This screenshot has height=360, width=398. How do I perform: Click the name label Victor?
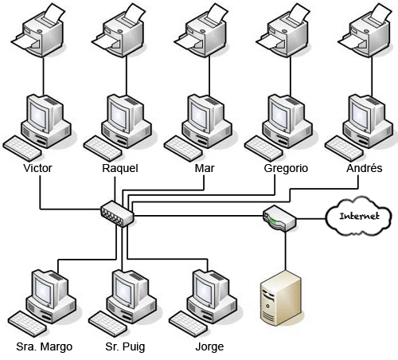37,168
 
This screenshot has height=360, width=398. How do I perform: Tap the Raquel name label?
120,168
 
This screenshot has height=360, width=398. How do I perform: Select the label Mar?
205,168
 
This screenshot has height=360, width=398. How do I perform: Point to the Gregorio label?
286,168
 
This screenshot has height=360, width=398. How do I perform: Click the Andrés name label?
365,168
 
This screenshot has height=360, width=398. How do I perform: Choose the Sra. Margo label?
45,346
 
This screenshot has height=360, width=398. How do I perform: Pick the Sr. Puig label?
125,346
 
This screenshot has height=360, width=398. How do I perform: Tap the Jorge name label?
209,346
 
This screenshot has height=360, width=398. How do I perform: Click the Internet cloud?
359,217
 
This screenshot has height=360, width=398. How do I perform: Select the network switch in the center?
117,214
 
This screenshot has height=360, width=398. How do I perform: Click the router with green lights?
279,218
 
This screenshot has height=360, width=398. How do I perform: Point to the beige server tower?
281,298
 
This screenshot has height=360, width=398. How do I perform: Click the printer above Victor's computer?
39,31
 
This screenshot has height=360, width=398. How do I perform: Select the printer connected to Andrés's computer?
365,31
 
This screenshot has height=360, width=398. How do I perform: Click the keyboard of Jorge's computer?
189,324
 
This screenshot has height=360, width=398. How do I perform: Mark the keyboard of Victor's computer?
22,148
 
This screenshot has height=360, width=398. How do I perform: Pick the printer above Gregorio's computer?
283,31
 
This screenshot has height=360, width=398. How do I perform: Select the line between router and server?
286,251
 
